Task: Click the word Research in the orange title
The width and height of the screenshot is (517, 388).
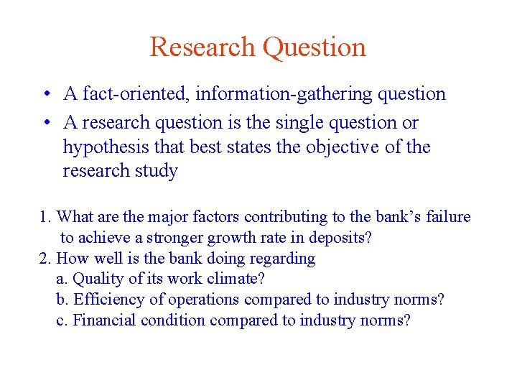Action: [x=202, y=47]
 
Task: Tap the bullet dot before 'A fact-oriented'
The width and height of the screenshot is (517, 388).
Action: [x=45, y=94]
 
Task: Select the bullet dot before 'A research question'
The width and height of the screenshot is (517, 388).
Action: [x=45, y=123]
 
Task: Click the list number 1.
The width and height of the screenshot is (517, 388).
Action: [x=43, y=217]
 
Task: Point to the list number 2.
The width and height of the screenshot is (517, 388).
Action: [x=43, y=259]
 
